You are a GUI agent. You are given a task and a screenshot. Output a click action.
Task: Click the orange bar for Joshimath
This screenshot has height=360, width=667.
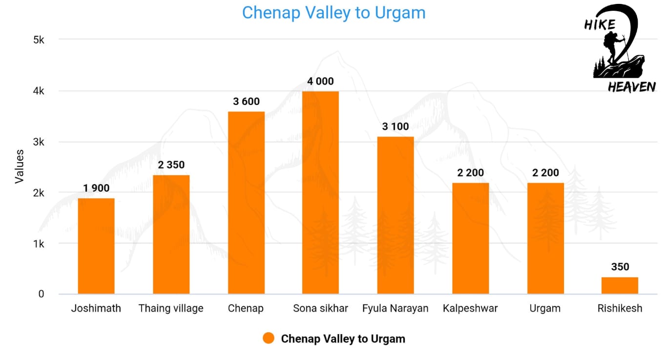[96, 246]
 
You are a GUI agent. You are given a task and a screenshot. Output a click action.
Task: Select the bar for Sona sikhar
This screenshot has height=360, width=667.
[320, 192]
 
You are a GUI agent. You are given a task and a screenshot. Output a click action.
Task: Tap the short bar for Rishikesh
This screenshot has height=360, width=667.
[620, 286]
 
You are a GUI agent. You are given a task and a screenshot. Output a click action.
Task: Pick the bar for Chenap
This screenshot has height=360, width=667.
[246, 203]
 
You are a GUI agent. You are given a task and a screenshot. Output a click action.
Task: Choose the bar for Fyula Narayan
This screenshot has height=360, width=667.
[396, 215]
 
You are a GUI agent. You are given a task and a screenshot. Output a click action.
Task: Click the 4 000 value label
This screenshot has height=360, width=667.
[320, 81]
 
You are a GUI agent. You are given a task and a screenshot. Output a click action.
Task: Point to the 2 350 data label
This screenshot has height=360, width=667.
[171, 165]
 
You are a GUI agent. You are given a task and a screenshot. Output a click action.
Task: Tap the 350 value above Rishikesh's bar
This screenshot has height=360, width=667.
[620, 267]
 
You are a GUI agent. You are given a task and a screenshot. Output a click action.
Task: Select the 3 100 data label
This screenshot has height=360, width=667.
[396, 127]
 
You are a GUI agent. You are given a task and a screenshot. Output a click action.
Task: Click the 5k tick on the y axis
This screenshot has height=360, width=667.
[39, 40]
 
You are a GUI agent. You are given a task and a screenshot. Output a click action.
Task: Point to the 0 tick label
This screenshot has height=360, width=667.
[41, 294]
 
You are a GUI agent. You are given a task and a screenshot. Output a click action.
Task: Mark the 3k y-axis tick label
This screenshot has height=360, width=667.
[39, 142]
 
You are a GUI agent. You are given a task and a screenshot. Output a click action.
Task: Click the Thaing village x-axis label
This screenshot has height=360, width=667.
[171, 309]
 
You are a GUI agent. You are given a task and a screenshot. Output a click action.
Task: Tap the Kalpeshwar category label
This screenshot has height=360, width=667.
[470, 309]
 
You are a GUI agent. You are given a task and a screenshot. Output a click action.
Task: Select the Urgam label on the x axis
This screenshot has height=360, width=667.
[545, 309]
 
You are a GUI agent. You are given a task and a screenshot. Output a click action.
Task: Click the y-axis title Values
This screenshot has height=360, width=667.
[20, 167]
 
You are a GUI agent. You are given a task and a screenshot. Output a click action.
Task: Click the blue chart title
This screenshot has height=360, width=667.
[334, 13]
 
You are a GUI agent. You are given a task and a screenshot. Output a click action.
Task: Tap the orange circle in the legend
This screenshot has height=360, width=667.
[268, 338]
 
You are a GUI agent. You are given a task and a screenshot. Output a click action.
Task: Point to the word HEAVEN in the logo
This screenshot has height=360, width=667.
[631, 87]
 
